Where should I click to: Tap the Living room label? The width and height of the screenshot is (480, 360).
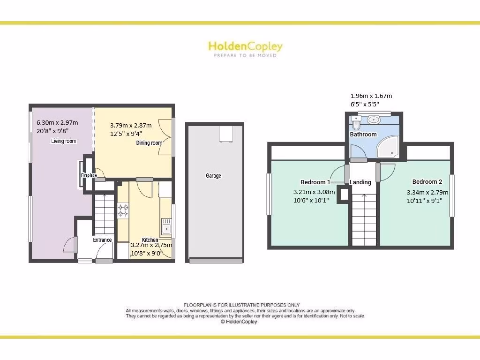64,141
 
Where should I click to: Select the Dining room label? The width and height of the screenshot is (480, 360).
149,143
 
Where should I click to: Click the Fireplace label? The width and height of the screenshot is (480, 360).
89,175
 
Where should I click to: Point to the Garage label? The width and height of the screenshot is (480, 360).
213,176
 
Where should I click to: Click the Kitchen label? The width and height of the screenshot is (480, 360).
150,240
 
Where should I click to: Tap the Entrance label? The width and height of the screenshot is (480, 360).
102,240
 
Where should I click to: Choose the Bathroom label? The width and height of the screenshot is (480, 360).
363,135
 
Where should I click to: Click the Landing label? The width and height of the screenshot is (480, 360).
360,182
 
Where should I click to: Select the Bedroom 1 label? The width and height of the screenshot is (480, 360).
315,182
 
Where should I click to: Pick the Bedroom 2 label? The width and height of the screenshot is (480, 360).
427,182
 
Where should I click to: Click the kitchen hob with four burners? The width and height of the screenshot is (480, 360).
123,210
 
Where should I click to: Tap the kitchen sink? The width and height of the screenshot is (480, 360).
166,227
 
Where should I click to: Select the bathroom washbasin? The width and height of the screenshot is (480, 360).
374,120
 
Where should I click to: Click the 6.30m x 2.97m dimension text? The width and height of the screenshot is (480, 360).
57,123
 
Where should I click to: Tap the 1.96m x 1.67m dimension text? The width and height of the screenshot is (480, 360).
371,96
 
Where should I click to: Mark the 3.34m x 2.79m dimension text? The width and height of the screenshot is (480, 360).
427,192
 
